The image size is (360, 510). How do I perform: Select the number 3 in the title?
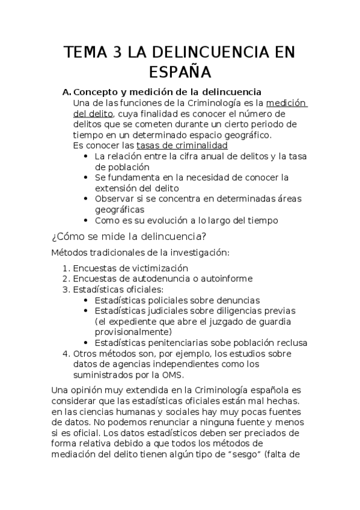coord(116,53)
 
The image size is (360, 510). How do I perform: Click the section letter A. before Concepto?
coord(67,92)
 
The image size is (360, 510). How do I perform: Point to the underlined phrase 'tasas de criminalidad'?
coord(182,146)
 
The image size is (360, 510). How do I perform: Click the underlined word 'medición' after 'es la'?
coord(287,103)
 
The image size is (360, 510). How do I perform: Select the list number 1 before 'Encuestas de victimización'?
coord(66,268)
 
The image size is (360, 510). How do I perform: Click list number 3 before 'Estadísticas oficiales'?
coord(66,289)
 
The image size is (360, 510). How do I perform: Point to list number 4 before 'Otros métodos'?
coord(66,354)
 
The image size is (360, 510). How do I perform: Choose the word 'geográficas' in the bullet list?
coord(120,209)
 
